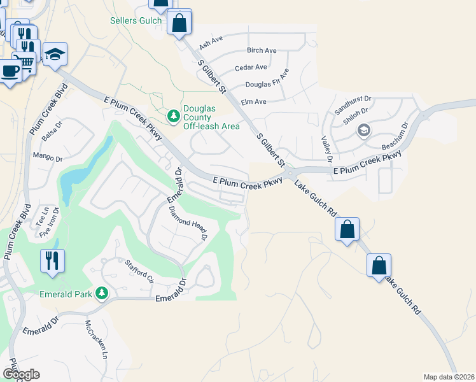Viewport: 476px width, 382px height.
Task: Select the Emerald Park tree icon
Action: click(x=101, y=293)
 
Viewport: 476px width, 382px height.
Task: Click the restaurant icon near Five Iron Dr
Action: click(x=52, y=260)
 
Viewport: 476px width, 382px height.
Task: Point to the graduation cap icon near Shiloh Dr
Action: click(x=363, y=131)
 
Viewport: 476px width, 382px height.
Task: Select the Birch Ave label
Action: click(x=262, y=50)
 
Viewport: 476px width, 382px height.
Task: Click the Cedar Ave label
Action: click(x=251, y=67)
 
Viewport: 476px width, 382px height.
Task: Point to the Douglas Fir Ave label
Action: click(x=267, y=84)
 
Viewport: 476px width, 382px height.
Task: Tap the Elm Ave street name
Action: click(x=253, y=101)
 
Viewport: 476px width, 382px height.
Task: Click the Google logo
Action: click(x=21, y=374)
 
